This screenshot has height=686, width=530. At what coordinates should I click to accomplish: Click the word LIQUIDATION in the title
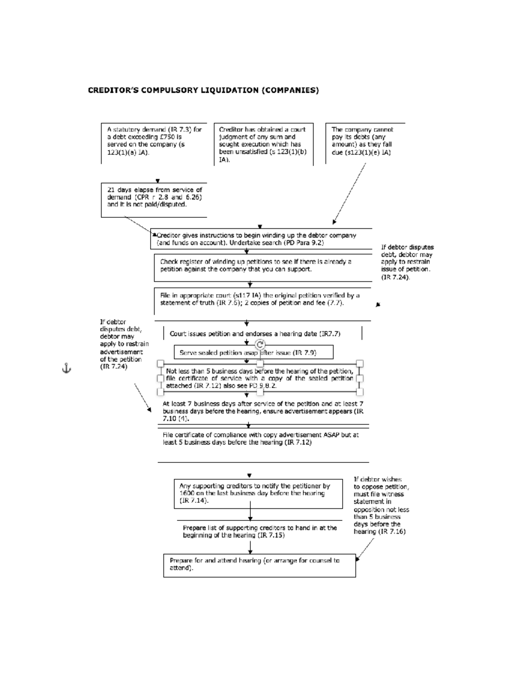coord(229,91)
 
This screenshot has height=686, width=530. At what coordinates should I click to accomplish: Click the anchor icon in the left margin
coord(66,368)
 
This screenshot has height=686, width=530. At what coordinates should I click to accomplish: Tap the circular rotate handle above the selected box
coord(260,345)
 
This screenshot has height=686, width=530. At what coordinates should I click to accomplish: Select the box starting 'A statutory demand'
coord(154,141)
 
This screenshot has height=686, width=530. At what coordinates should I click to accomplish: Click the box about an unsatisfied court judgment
coord(263,144)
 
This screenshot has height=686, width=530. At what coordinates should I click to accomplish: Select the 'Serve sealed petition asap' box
coord(253,352)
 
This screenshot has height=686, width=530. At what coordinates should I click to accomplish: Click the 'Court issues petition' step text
coord(255,334)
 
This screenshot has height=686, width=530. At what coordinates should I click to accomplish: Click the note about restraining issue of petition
coord(407,262)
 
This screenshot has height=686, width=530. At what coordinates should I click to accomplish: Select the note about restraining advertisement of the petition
coord(124,345)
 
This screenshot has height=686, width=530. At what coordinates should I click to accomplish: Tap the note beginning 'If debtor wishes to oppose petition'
coord(381,505)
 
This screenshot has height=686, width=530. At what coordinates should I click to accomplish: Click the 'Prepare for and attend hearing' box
coord(259,565)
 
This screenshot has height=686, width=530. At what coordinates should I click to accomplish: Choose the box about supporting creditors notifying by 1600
coord(258,493)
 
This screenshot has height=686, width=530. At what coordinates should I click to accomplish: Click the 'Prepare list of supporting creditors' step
coord(260,531)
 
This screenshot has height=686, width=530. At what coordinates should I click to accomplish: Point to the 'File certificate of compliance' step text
coord(261,439)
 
